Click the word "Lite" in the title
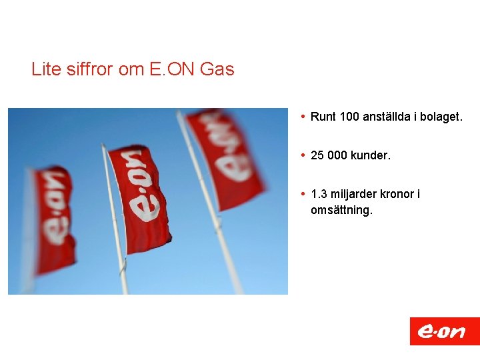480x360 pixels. point(46,69)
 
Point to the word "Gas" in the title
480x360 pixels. point(217,69)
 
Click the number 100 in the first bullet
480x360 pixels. point(349,117)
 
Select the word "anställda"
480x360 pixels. point(386,117)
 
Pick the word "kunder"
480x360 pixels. point(370,155)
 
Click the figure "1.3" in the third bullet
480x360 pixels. point(318,194)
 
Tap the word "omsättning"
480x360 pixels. point(341,210)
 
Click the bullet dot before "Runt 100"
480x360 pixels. point(303,117)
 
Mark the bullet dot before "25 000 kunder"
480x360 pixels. point(303,155)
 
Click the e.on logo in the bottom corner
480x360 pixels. point(444,331)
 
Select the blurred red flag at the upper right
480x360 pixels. point(227,157)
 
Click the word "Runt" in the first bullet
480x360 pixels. point(323,117)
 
